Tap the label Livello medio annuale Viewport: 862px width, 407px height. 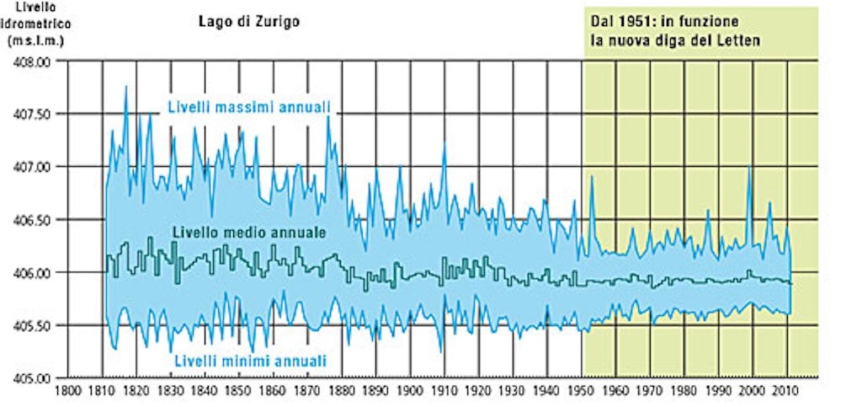[249, 233]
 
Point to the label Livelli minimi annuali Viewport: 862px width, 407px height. [249, 361]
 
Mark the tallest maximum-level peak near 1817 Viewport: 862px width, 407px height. [126, 87]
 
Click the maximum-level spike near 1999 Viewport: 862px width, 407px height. [749, 166]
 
